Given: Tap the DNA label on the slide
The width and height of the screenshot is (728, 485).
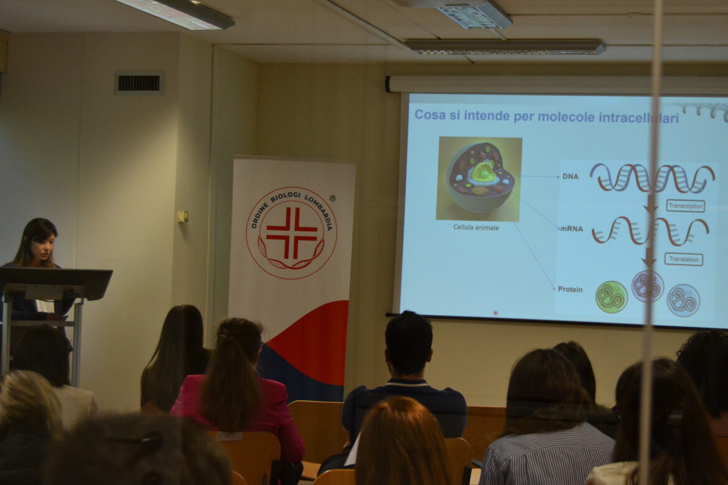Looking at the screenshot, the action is [x=570, y=177].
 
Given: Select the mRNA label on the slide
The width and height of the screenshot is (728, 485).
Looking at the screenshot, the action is [x=571, y=228].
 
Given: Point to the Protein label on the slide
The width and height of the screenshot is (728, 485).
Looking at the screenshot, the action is [x=570, y=289].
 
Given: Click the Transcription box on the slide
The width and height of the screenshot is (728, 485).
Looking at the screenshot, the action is [x=685, y=206].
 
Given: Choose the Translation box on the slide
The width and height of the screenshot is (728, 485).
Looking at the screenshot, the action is [x=683, y=259].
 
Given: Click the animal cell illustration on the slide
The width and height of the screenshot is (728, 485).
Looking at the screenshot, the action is [x=478, y=178].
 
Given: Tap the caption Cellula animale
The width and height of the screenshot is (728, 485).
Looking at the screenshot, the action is [x=476, y=228].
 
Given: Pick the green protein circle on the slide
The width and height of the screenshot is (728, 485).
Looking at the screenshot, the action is [x=612, y=297].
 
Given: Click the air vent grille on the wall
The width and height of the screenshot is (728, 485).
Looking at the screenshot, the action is [x=139, y=83].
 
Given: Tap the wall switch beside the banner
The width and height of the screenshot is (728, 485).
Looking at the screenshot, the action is [x=183, y=216].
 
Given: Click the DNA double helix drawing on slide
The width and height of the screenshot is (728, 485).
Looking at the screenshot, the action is [x=652, y=178].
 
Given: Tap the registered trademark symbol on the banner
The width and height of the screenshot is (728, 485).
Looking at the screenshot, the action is [x=332, y=198].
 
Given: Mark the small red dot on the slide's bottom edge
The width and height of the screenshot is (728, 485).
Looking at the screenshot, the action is [x=495, y=313].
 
